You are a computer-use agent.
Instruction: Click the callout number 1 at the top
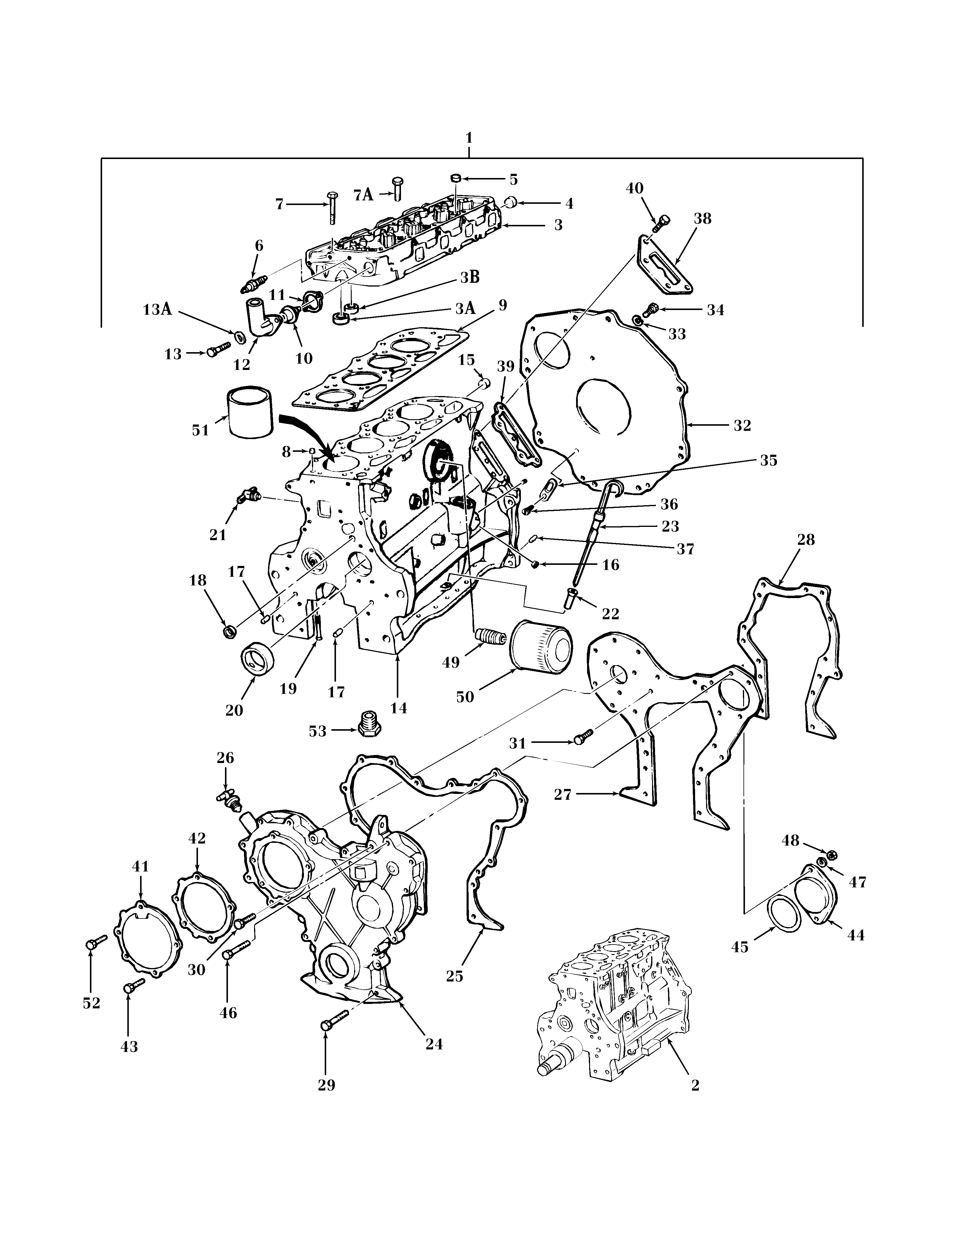tap(469, 138)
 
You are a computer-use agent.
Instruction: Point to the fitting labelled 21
tap(248, 495)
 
